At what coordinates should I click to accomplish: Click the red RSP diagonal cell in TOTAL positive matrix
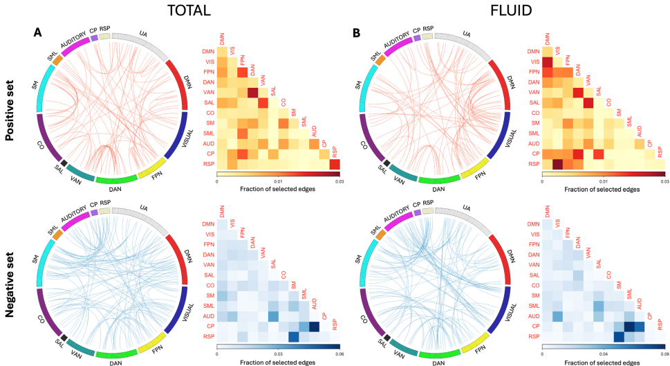pyautogui.click(x=335, y=164)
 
